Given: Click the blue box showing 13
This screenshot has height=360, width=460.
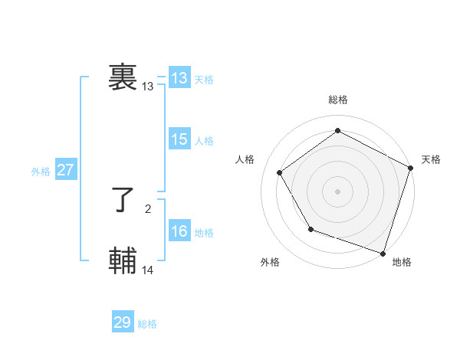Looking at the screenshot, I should click(x=179, y=78).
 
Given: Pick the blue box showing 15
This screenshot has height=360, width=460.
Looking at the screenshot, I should click(x=179, y=139).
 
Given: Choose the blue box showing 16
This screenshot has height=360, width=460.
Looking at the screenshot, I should click(x=179, y=231).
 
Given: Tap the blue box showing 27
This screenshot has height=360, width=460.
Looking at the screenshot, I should click(x=66, y=170).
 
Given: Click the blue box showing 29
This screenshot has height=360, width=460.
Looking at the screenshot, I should click(x=123, y=322).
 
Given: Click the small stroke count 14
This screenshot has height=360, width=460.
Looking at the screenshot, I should click(x=148, y=270).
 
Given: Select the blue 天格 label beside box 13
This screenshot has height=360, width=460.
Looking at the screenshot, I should click(x=204, y=80).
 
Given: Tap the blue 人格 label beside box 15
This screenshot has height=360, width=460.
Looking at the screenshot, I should click(x=204, y=141).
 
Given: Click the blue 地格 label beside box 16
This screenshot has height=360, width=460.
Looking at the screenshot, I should click(x=204, y=233).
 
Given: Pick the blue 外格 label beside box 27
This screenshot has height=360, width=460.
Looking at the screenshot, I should click(x=41, y=172).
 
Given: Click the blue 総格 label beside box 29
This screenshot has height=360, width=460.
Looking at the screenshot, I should click(x=147, y=324).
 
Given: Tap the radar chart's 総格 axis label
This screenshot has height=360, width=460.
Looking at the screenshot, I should click(x=337, y=100).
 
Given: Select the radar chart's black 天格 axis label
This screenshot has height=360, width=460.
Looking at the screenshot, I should click(x=431, y=159).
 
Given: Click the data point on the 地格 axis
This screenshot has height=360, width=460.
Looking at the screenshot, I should click(x=383, y=252).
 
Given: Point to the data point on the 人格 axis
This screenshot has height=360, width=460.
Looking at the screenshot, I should click(x=280, y=172).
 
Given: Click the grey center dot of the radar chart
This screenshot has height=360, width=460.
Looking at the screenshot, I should click(x=337, y=191).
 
